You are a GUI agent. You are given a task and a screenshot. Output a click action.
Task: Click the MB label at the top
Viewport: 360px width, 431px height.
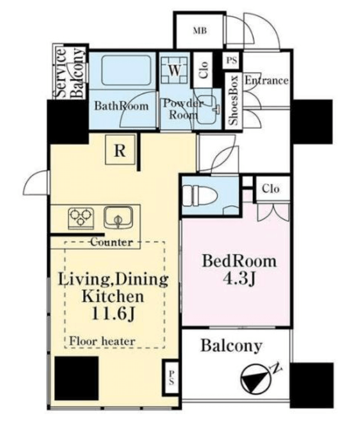point(199,31)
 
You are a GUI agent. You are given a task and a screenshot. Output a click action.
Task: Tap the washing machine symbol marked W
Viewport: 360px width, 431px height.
point(174,70)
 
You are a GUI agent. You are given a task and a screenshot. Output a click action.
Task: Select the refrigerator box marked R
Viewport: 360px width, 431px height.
point(120,149)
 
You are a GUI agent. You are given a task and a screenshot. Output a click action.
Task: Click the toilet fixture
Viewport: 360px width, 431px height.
point(199,195)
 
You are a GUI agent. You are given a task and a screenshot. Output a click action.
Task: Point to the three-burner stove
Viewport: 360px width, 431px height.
point(81,218)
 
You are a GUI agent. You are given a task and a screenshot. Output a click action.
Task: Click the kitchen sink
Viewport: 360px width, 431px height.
point(118,217)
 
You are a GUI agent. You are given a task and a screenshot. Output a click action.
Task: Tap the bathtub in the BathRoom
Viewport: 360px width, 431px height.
point(126,70)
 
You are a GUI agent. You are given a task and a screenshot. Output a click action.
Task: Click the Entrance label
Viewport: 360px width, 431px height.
point(267,80)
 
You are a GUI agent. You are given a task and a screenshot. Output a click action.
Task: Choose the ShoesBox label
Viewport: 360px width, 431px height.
point(234,100)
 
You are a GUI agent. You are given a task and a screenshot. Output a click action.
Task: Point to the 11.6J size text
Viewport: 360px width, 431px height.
point(113,314)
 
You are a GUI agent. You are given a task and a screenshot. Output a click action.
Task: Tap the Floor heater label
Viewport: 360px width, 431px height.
point(102,341)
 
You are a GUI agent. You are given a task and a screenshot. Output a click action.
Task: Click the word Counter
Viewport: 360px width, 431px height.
point(112,242)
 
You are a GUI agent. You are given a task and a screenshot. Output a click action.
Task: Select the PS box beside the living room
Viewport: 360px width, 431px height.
point(171,377)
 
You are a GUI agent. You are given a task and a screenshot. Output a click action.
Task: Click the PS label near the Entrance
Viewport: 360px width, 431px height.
point(231,60)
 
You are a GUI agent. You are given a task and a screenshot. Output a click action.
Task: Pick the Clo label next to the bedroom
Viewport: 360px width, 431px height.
point(271,189)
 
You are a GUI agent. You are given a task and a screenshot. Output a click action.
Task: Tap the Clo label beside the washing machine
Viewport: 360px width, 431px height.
point(203,70)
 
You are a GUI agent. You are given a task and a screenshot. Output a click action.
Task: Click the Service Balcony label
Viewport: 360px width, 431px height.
point(69,73)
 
